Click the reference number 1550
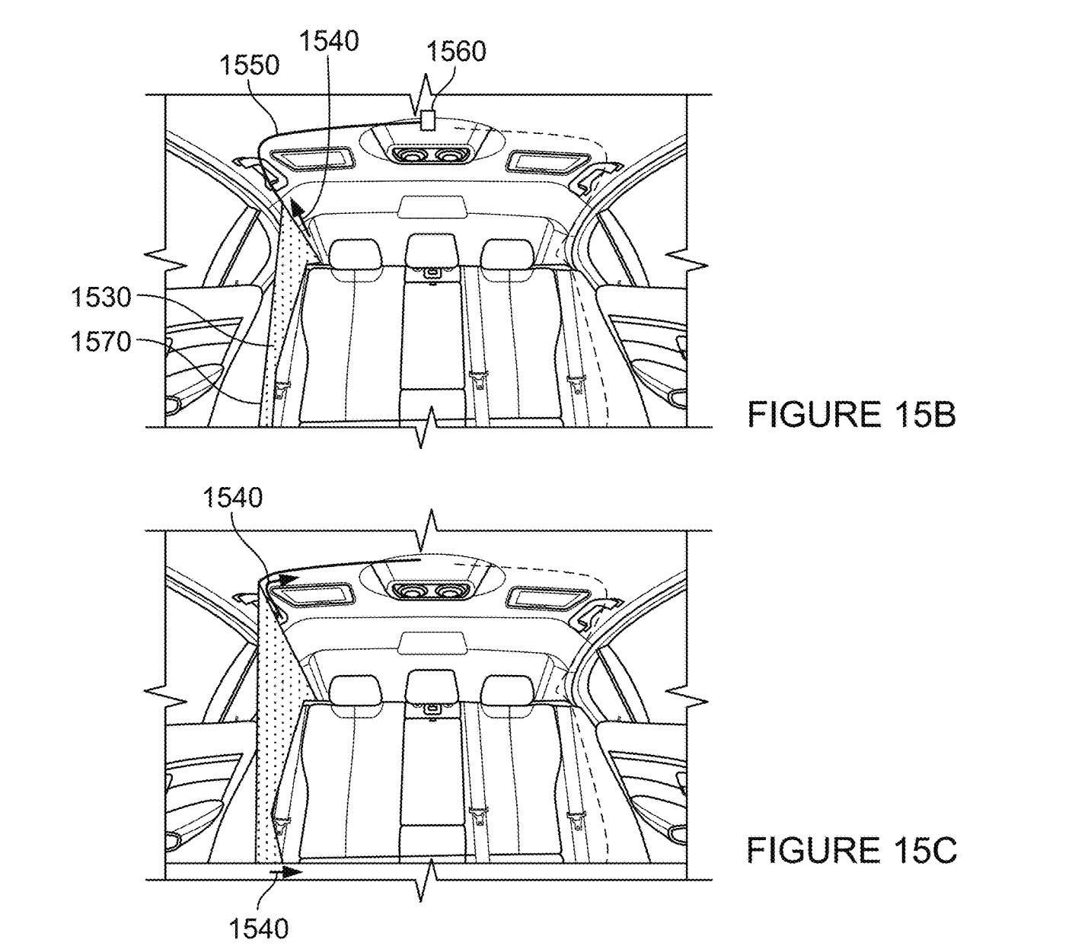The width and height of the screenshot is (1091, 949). pos(249,65)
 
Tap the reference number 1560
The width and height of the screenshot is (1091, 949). pos(456,52)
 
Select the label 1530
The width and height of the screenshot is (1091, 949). pos(100,298)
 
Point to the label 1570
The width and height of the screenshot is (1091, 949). pos(100,342)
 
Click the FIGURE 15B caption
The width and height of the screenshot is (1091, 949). pos(852,415)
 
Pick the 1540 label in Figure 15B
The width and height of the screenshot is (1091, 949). pos(329,41)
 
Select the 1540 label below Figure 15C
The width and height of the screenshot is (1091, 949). pos(259,928)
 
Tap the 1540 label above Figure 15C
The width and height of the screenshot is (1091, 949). pos(232,498)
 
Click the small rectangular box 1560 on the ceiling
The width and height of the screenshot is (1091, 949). pos(426,119)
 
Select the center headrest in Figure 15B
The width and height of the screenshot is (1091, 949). pos(432,250)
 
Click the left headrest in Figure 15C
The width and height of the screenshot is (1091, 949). pos(356,688)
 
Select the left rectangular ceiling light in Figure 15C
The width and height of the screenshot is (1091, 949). pos(312,594)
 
